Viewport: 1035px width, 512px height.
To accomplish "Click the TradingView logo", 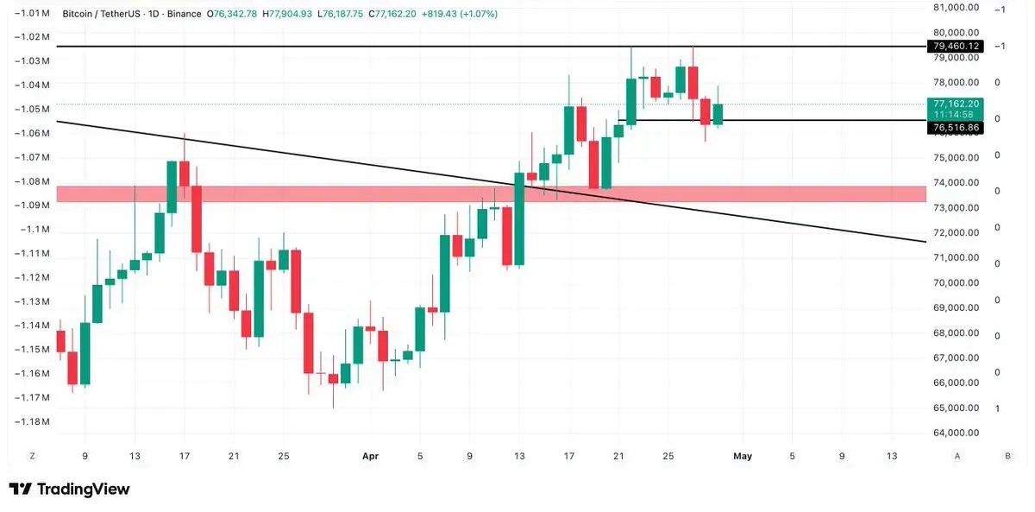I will tap(69, 490).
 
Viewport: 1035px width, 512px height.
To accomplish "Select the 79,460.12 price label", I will tap(956, 46).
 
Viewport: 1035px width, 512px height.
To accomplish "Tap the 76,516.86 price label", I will tap(956, 128).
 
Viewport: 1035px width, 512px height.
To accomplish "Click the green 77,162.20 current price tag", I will tap(956, 104).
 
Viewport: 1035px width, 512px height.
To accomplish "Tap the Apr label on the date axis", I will tap(370, 456).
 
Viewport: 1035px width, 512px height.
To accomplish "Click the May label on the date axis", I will tap(742, 456).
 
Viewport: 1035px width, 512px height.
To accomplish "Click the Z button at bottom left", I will tap(32, 456).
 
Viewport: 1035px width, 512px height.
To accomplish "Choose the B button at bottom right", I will tap(1007, 456).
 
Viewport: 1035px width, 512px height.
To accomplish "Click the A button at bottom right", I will tap(957, 456).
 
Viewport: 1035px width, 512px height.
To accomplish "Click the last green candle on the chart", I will tap(718, 114).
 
